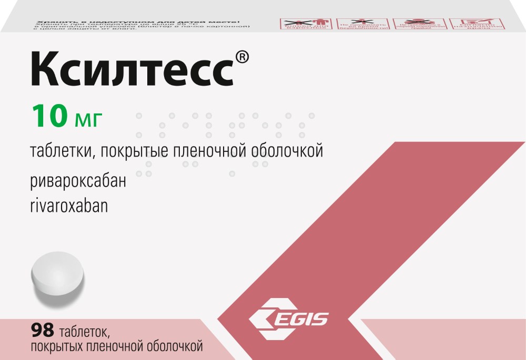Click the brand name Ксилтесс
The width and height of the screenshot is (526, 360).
pos(131,70)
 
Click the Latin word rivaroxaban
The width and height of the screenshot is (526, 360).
pos(69,205)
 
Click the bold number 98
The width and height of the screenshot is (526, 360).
pos(43,332)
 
